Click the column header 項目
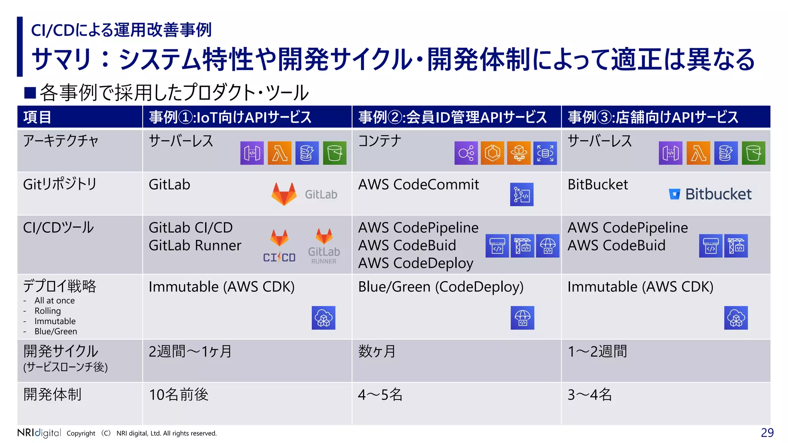[x=37, y=117]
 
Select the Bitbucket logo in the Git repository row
[x=710, y=194]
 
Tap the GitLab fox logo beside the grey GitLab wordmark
[x=284, y=194]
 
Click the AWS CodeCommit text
[x=418, y=185]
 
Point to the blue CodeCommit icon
[x=521, y=195]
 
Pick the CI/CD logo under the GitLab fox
[x=279, y=257]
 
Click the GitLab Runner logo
[x=324, y=246]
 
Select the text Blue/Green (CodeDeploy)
[x=441, y=287]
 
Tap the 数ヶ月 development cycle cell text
[x=377, y=351]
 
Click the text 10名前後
[x=179, y=395]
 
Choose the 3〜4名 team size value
[x=589, y=395]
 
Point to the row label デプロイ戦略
[x=60, y=286]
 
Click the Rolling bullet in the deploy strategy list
[x=48, y=311]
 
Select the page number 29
[x=767, y=433]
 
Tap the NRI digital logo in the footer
[x=39, y=433]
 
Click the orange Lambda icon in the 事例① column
[x=279, y=153]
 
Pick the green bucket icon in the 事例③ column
[x=753, y=153]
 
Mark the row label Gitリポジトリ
[x=60, y=184]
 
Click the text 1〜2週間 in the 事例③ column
[x=597, y=351]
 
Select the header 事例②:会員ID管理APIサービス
[x=452, y=117]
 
